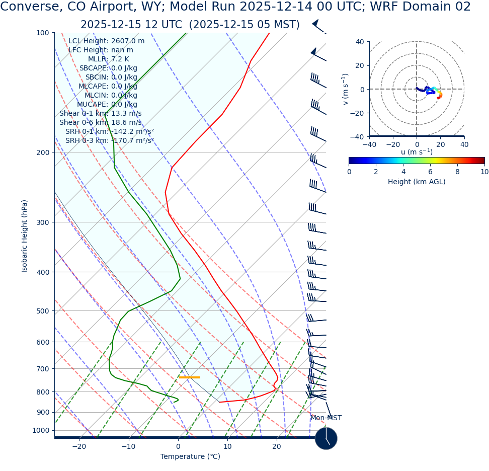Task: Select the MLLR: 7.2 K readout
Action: (x=109, y=59)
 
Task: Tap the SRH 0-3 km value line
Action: (x=109, y=141)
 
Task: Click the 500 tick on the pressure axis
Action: (x=43, y=311)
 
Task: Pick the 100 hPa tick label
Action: (x=43, y=33)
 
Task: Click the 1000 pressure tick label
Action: (x=41, y=430)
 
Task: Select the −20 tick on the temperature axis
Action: (x=79, y=447)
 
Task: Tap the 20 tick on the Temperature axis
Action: (x=277, y=447)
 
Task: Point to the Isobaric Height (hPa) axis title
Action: (x=25, y=236)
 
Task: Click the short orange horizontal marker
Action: (x=190, y=377)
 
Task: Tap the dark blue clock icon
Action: (x=326, y=438)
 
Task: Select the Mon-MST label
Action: (x=326, y=418)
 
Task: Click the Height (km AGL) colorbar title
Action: (x=417, y=182)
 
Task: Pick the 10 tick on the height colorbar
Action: (x=484, y=172)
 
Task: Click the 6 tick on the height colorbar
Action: (x=430, y=172)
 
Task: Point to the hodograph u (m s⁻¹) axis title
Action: (x=417, y=152)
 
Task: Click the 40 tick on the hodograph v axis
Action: (x=360, y=42)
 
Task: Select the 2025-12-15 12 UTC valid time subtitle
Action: (x=190, y=25)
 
